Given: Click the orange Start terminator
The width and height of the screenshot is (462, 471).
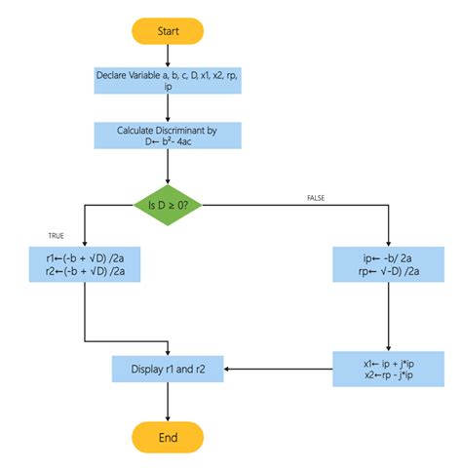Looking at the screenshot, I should tap(168, 31).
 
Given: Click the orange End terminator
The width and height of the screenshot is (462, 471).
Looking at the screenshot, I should tap(168, 438).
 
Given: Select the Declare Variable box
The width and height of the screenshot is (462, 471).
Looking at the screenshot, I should tap(168, 81).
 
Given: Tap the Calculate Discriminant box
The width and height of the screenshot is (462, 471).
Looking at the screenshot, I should tap(168, 137).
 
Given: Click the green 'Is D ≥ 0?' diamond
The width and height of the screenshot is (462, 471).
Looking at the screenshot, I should tap(168, 206).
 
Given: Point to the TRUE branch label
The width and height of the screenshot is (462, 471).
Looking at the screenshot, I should tap(56, 236).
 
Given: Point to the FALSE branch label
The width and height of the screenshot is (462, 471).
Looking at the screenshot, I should tap(316, 197).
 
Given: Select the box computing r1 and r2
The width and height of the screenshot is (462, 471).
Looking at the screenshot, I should tap(86, 265).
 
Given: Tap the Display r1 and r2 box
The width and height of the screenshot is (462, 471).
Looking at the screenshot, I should tap(168, 370).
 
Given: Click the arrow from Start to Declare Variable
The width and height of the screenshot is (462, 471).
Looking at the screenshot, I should tap(168, 55).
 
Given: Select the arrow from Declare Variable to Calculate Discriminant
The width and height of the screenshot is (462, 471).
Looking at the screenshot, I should tap(168, 108).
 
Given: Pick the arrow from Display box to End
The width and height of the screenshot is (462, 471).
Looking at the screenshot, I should tap(168, 403).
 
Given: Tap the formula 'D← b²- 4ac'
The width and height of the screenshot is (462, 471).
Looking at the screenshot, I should tap(168, 144).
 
